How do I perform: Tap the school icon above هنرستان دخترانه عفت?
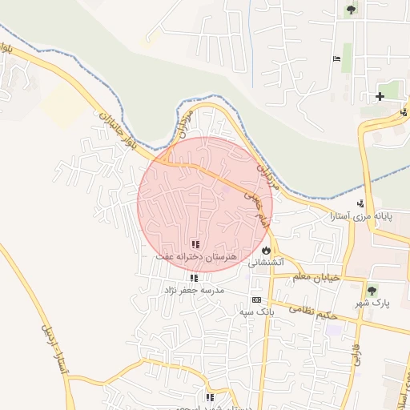[x=195, y=243]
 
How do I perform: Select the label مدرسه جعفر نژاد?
[x=195, y=289]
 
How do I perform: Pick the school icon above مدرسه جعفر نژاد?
[x=194, y=277]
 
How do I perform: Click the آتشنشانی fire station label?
[x=265, y=262]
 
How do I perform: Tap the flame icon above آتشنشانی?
[x=265, y=250]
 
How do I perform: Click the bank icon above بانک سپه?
[x=256, y=299]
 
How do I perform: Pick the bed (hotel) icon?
[x=336, y=59]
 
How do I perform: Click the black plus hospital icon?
[x=380, y=97]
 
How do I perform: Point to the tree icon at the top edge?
[x=351, y=10]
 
